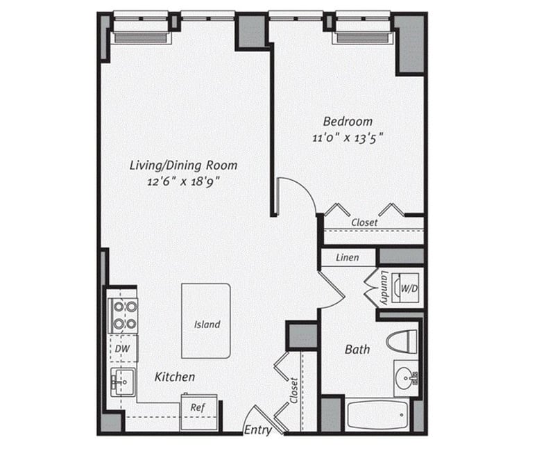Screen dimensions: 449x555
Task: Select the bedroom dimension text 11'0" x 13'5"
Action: click(x=347, y=138)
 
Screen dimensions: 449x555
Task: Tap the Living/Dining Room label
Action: click(x=184, y=165)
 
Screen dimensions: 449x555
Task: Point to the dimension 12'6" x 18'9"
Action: click(x=184, y=182)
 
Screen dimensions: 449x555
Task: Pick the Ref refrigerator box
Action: click(x=197, y=408)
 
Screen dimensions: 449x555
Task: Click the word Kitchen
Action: click(x=174, y=377)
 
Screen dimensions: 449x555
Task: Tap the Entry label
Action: click(x=257, y=430)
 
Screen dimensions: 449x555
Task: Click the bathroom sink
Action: click(x=406, y=378)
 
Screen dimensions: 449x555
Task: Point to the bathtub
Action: click(x=377, y=415)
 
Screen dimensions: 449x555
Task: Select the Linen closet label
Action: click(x=347, y=258)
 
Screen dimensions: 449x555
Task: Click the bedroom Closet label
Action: click(x=364, y=222)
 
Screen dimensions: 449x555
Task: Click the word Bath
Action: click(x=357, y=350)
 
